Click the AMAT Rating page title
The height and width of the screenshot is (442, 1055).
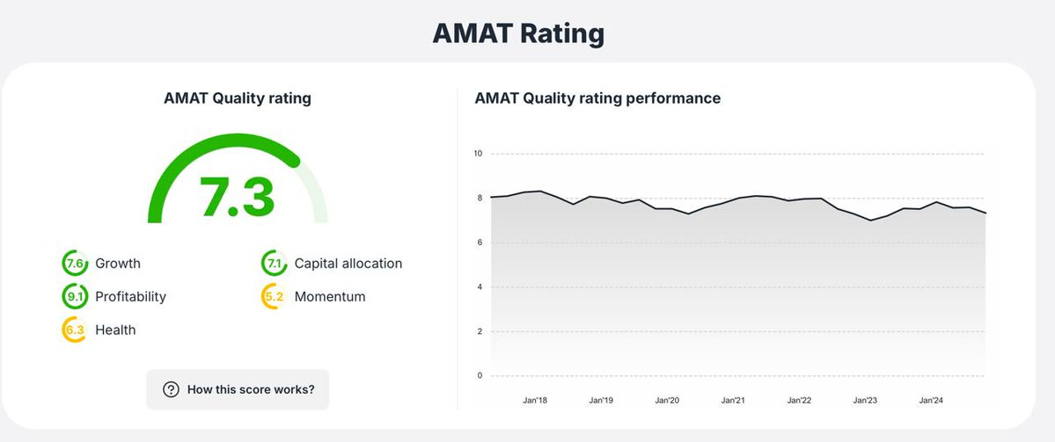518,33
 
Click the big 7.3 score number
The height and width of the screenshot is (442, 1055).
238,197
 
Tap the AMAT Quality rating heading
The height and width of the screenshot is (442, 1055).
238,98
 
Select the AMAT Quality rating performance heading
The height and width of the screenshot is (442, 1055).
597,98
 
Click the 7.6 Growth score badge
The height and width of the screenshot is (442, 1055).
75,264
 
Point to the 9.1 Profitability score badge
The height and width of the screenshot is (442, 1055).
75,297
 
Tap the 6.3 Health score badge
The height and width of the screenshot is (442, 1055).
75,330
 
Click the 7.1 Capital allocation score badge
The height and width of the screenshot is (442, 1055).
275,264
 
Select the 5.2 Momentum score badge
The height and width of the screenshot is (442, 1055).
275,297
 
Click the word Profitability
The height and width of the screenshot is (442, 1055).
130,297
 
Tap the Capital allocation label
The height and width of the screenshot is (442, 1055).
348,264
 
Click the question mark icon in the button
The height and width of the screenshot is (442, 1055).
171,389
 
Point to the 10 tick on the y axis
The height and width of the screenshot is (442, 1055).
478,154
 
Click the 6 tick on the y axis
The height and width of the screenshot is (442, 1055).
480,243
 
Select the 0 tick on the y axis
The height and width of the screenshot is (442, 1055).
480,376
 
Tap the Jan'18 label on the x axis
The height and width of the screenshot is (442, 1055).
535,401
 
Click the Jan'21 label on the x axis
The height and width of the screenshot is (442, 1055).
733,401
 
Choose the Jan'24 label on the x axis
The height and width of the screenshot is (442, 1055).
931,401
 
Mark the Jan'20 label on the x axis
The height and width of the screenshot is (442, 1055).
667,401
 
